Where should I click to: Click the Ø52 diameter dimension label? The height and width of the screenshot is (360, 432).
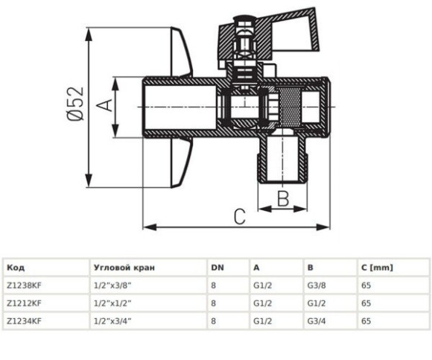75,104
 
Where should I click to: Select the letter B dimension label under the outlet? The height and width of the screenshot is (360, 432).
283,198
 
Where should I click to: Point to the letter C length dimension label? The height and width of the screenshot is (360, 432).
239,217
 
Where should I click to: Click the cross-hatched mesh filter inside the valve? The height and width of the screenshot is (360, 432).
289,106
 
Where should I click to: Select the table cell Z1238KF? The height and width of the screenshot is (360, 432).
24,285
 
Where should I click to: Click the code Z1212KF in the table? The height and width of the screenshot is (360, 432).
24,303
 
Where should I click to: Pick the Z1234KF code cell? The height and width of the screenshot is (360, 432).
24,321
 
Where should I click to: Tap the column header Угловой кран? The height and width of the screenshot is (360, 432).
124,268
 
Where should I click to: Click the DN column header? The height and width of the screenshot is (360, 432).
217,268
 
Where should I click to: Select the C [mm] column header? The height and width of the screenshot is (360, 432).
377,268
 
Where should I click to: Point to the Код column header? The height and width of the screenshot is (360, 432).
16,268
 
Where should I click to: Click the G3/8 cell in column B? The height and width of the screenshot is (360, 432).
317,285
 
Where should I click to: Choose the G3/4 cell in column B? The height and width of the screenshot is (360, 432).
317,321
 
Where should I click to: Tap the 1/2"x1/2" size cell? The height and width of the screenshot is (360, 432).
112,303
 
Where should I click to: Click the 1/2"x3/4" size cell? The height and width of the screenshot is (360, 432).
112,321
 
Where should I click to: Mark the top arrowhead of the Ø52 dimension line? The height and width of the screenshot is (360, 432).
89,34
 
